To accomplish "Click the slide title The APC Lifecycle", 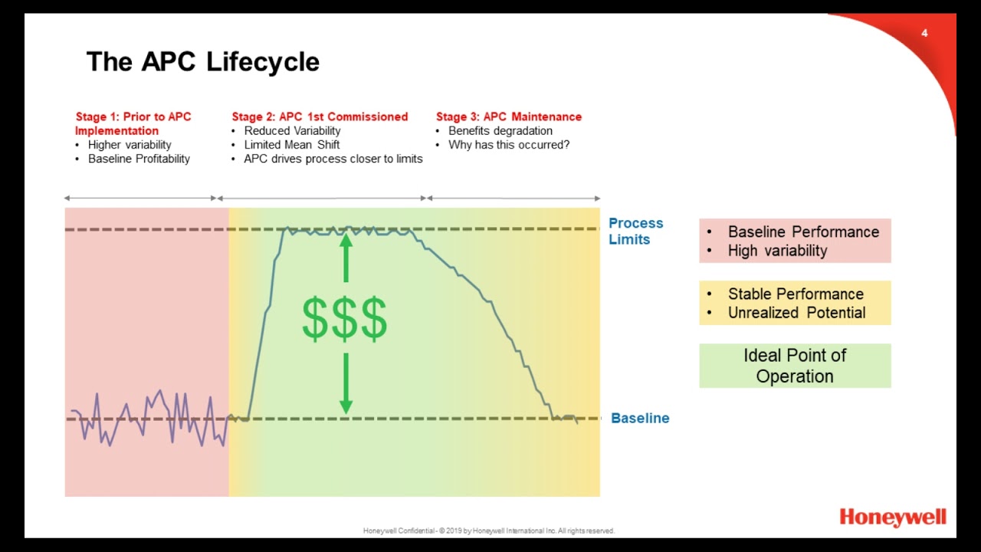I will (203, 62).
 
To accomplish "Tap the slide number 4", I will (924, 33).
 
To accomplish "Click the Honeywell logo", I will (893, 517).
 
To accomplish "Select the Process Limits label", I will (635, 231).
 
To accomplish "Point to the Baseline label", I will (640, 418).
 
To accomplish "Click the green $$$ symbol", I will (344, 320).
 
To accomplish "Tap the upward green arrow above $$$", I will (346, 257).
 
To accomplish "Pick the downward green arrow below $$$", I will (346, 383).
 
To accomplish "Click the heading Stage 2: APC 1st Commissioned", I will (320, 117).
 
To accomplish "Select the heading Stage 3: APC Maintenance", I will (509, 117).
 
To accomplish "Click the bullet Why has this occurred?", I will (509, 145).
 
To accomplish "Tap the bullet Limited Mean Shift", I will (292, 145).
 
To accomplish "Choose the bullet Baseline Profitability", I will (139, 159).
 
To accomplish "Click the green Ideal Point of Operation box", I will (795, 366).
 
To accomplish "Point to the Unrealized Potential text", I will (796, 313).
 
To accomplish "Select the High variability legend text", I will (777, 251).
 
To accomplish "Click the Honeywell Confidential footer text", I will (489, 531).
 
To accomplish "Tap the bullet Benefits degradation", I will (500, 130).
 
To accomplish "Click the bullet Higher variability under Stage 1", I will (130, 145).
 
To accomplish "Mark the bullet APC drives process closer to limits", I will (333, 159).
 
